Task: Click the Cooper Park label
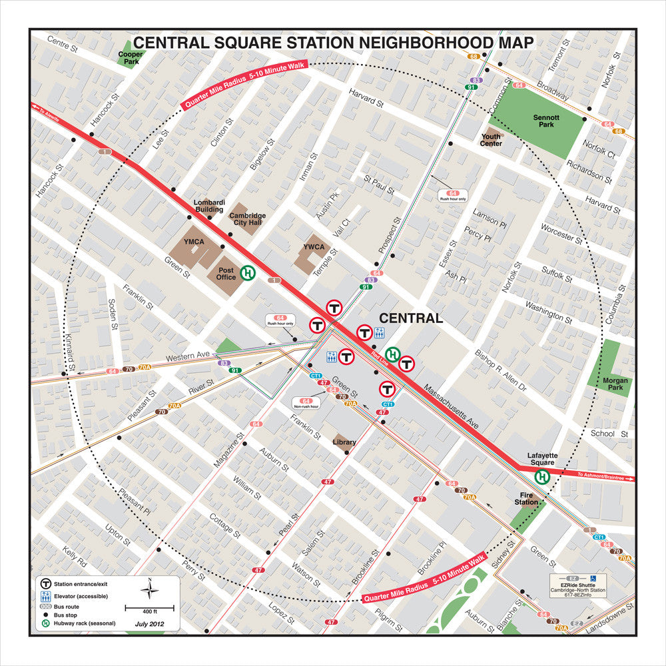[131, 58]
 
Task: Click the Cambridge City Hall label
[247, 219]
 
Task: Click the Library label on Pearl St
[344, 442]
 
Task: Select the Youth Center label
[491, 139]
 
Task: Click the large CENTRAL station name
[411, 318]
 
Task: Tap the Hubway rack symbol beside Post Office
[248, 272]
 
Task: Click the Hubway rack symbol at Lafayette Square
[543, 476]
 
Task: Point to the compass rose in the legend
[150, 589]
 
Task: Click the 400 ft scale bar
[150, 608]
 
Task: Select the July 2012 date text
[149, 624]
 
